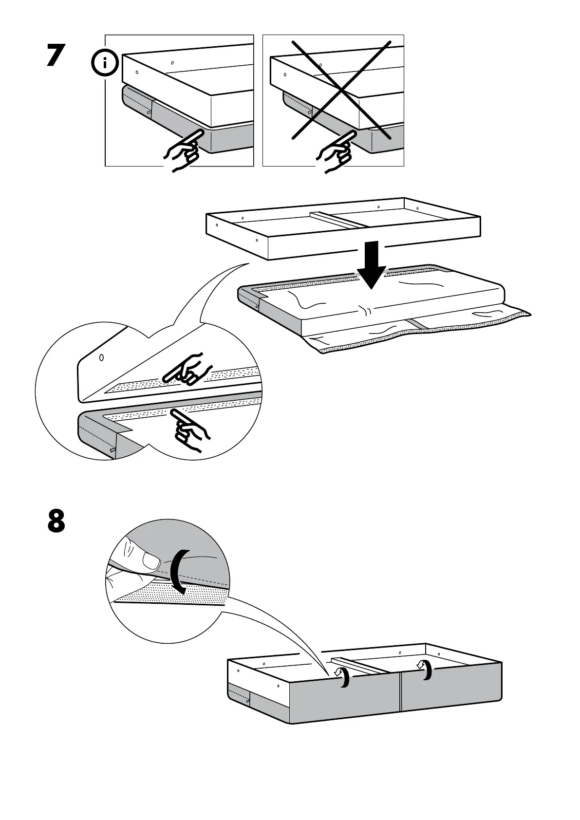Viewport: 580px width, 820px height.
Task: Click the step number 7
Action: point(56,56)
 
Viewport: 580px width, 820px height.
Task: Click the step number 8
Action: point(56,521)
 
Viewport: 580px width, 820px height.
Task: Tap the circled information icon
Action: point(105,63)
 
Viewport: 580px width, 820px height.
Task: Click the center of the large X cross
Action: point(341,90)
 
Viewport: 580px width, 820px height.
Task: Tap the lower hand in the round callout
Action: point(190,429)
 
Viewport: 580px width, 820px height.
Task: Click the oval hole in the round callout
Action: point(101,357)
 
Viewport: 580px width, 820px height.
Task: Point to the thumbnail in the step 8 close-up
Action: point(152,563)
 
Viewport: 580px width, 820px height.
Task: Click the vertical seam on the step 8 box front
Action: point(399,696)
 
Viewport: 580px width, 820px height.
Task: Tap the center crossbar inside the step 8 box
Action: point(360,665)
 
